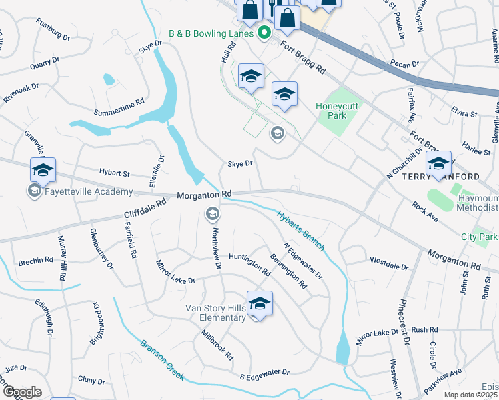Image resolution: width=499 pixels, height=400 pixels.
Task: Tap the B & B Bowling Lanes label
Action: [211, 33]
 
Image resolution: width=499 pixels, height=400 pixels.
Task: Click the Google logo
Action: [21, 392]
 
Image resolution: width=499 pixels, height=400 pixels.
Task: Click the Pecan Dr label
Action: [405, 64]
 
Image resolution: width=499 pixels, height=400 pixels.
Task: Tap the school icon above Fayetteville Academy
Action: [43, 170]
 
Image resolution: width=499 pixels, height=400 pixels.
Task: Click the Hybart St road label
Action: [114, 173]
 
